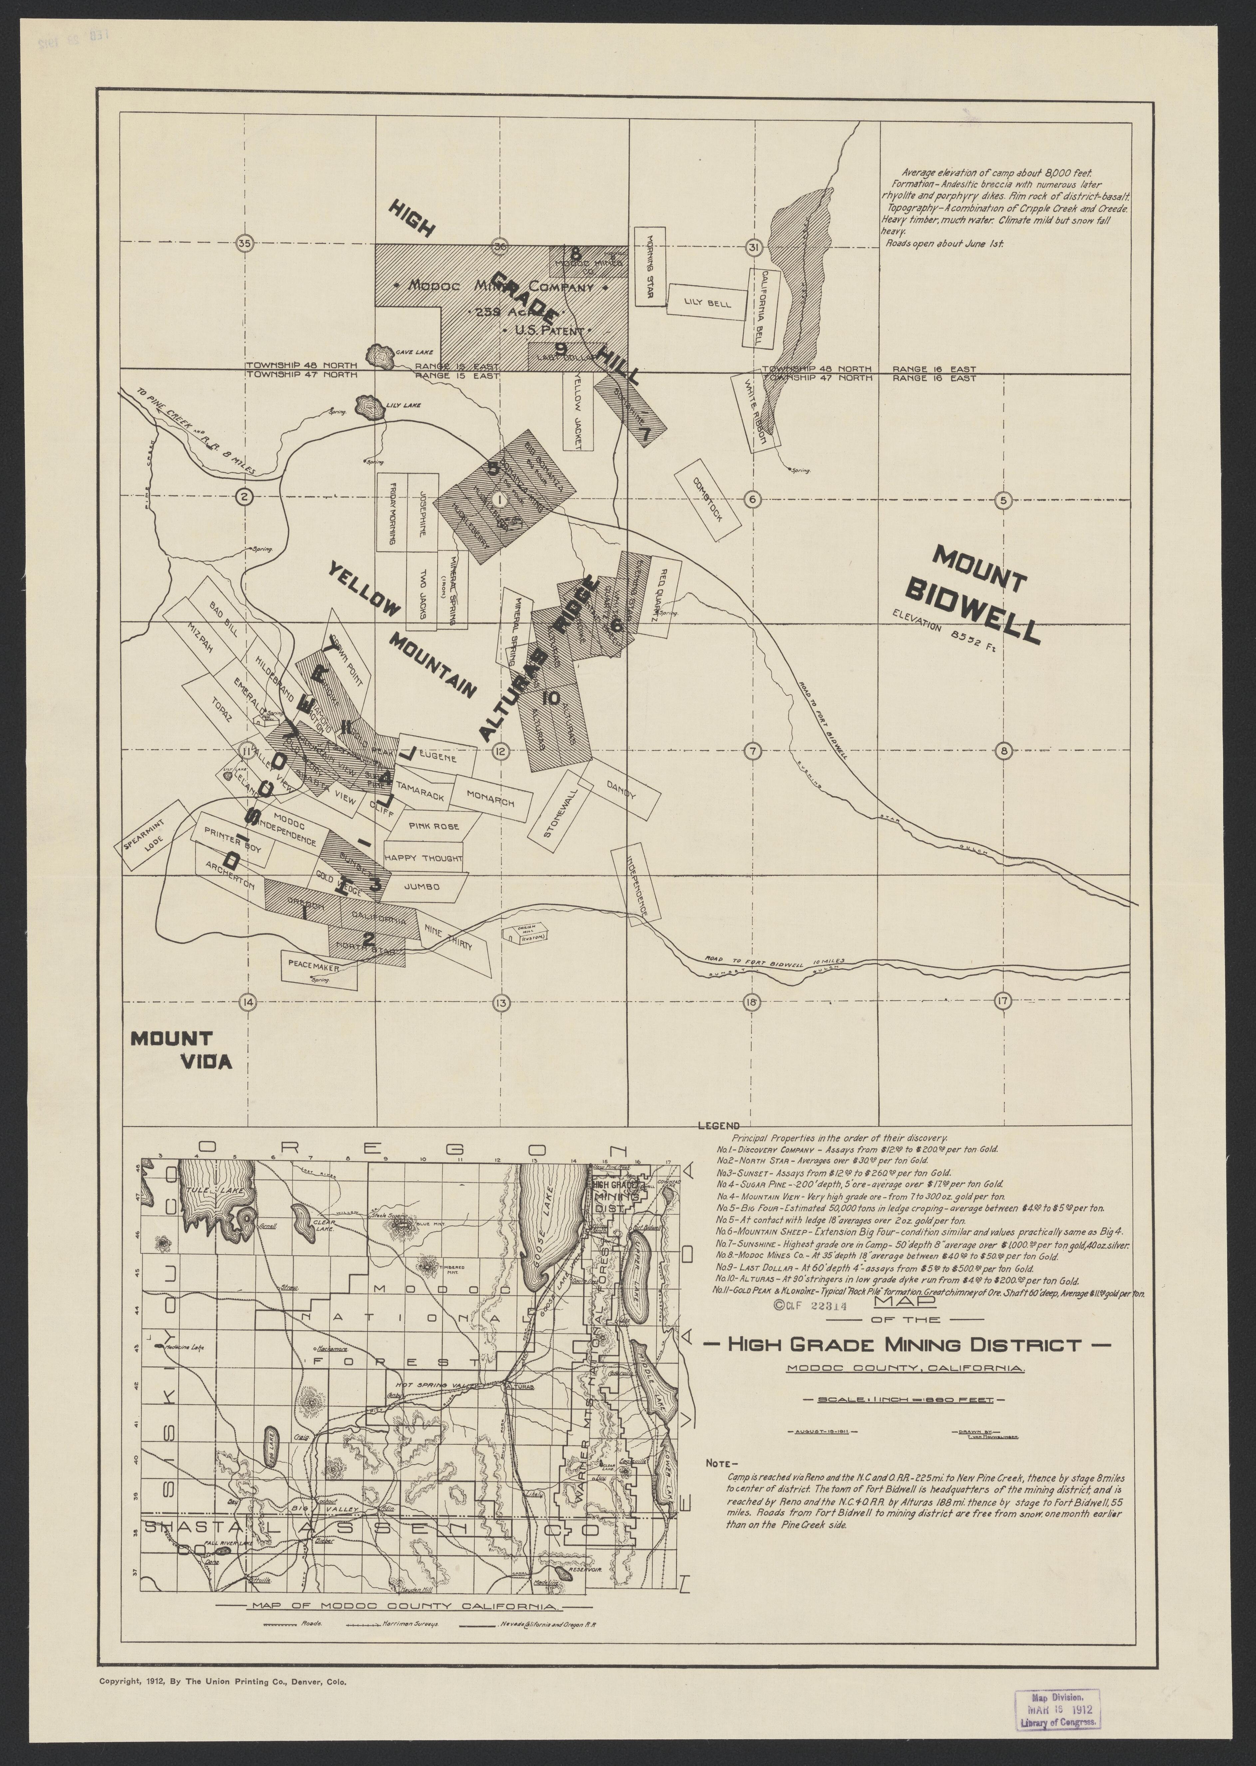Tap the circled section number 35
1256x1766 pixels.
tap(244, 244)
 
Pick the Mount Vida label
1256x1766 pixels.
tap(181, 1050)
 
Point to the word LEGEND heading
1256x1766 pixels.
tap(719, 1126)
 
